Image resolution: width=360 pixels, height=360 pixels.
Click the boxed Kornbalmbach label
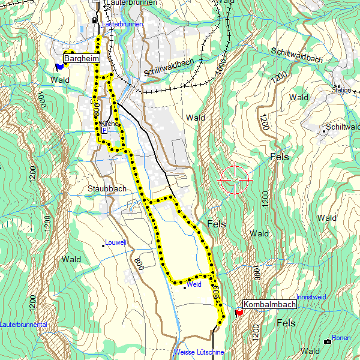click(x=269, y=305)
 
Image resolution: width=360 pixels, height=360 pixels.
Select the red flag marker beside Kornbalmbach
click(x=239, y=313)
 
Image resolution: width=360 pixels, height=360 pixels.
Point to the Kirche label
click(x=110, y=123)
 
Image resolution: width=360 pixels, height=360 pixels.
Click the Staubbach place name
click(x=106, y=188)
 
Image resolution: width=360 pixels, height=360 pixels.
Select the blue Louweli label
click(x=115, y=243)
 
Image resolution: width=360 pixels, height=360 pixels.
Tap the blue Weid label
click(x=194, y=285)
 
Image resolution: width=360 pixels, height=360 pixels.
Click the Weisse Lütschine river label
click(x=199, y=352)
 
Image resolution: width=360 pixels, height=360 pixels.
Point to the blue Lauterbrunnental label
click(x=23, y=324)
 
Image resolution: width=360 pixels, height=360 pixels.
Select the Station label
click(x=341, y=91)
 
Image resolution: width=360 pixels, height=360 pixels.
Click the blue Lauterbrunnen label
click(x=122, y=24)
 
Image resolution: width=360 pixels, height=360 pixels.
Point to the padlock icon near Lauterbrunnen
click(x=94, y=20)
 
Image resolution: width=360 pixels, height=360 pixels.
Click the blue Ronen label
click(x=341, y=338)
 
